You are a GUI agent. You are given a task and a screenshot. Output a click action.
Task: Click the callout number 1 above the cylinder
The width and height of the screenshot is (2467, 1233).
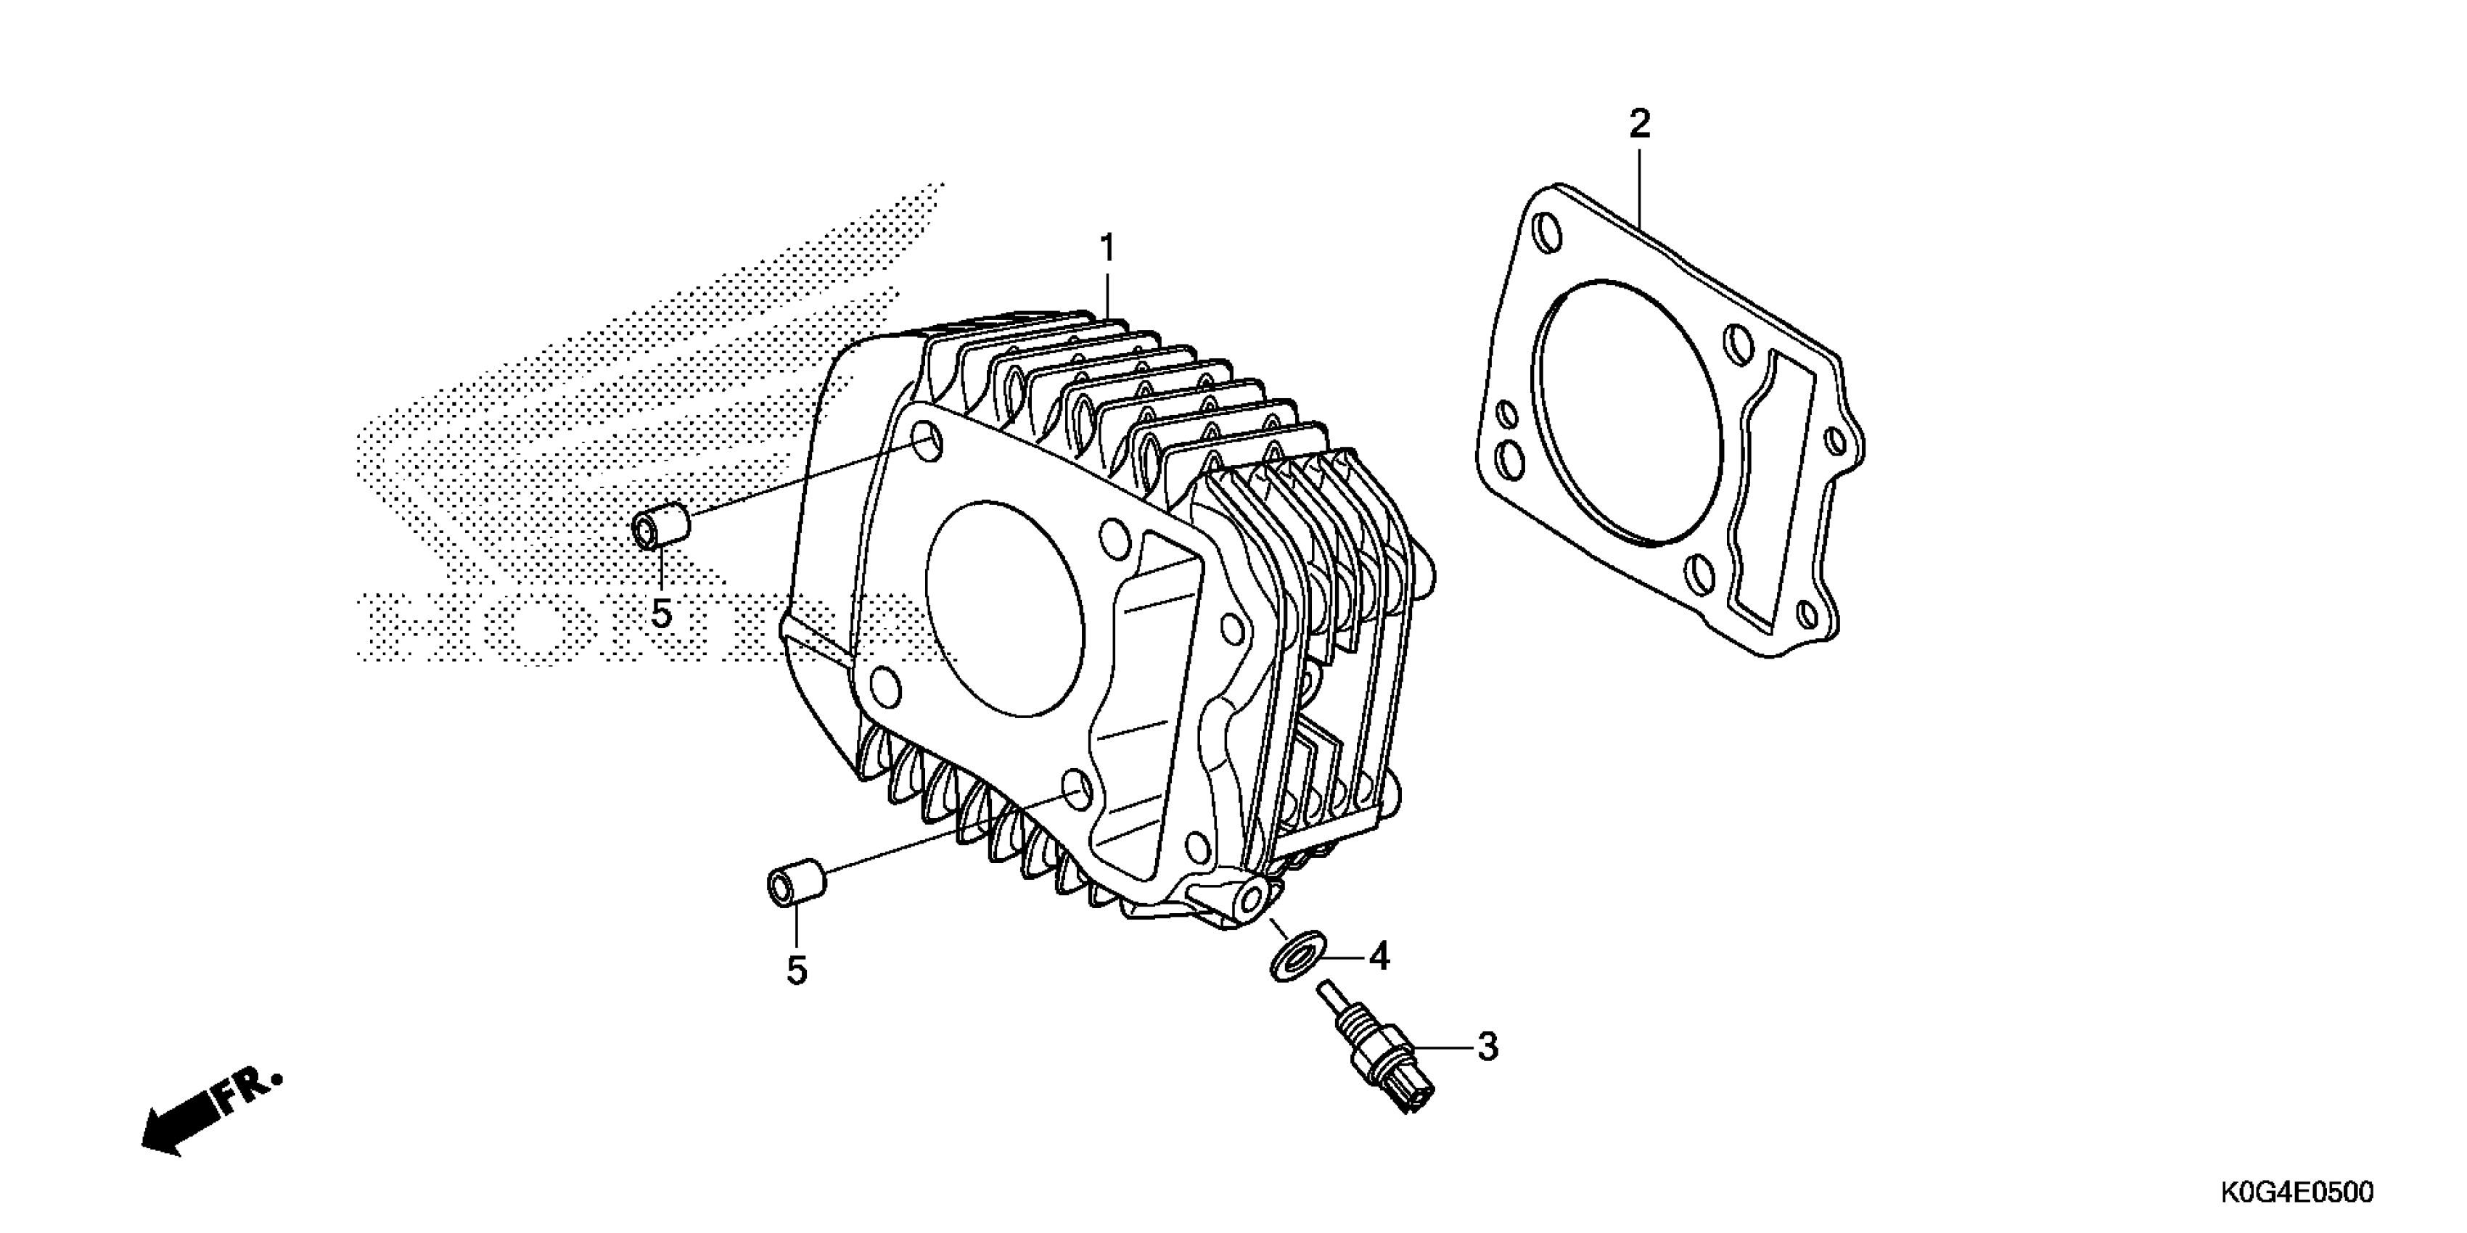[1107, 249]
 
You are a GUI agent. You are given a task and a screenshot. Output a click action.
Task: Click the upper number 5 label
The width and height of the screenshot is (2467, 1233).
[661, 614]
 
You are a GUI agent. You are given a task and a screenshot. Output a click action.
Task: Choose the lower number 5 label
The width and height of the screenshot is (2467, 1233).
[797, 970]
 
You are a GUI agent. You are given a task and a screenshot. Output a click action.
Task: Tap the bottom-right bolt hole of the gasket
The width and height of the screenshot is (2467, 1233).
[1807, 614]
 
